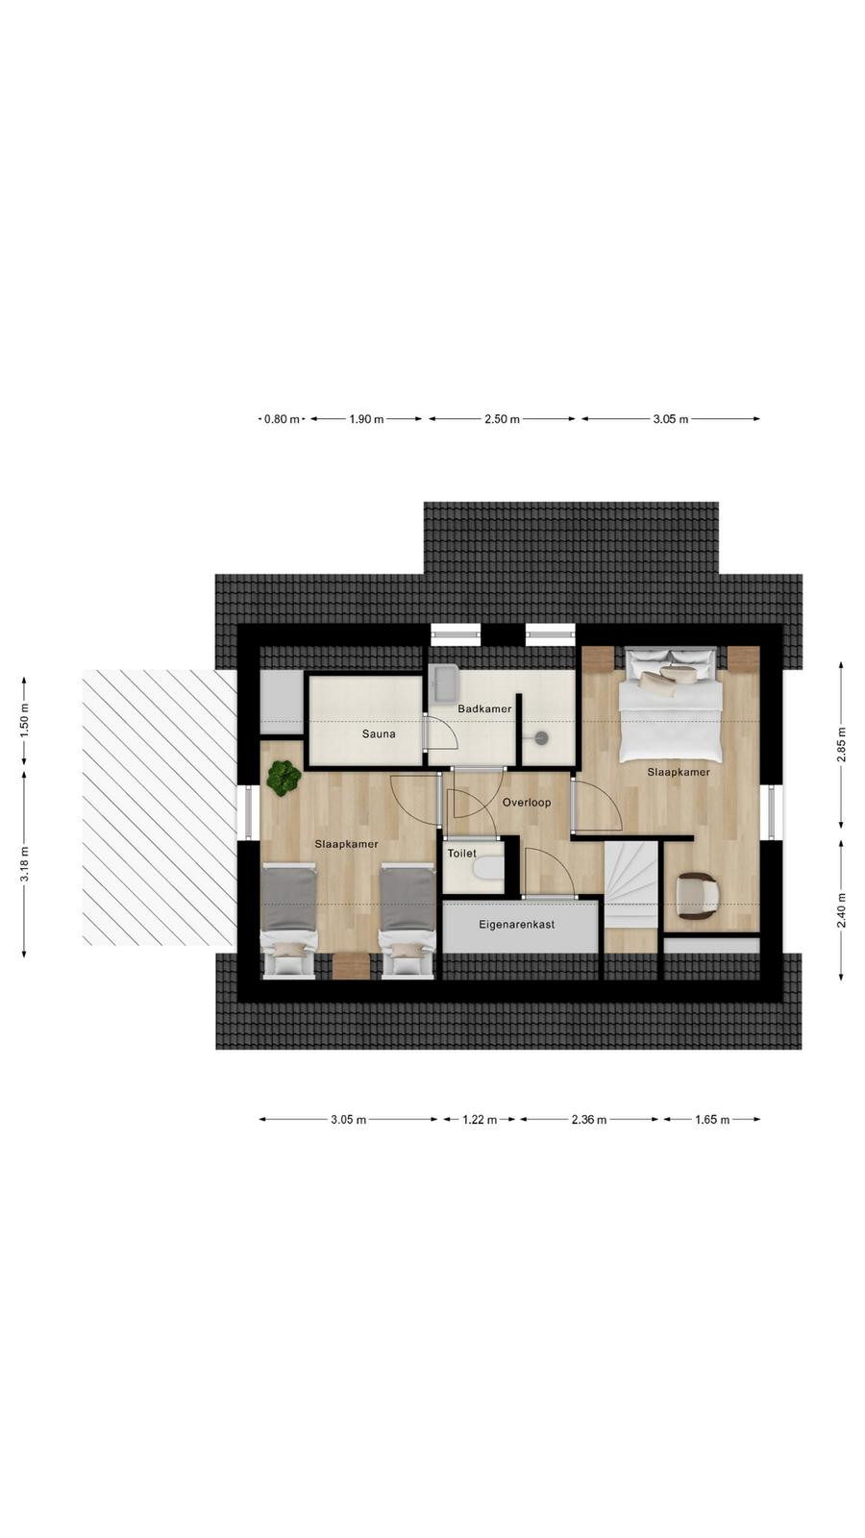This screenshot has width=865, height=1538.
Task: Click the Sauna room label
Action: (x=379, y=734)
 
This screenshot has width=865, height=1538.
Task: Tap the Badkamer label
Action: (x=484, y=708)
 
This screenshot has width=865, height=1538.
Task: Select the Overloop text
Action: (x=527, y=802)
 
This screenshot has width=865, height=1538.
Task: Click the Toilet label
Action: (x=462, y=854)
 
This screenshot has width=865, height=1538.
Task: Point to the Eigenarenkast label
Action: (x=517, y=924)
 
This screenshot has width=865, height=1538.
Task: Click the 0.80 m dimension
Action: (x=283, y=419)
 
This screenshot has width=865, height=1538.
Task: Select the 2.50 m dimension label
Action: (x=502, y=419)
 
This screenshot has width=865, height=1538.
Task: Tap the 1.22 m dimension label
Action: (x=480, y=1120)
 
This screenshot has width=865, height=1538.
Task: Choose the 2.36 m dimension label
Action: (x=589, y=1120)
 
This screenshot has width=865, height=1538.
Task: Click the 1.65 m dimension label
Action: (x=712, y=1120)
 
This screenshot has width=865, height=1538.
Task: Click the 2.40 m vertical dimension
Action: (x=841, y=909)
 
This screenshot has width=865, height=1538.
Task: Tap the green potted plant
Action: (x=284, y=778)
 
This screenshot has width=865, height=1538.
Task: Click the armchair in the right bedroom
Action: (x=697, y=895)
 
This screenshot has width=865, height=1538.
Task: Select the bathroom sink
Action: (x=444, y=683)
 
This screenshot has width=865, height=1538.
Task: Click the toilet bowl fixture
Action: (x=489, y=869)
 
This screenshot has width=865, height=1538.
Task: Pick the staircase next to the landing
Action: (x=631, y=885)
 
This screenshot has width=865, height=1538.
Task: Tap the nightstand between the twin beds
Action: (x=352, y=965)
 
